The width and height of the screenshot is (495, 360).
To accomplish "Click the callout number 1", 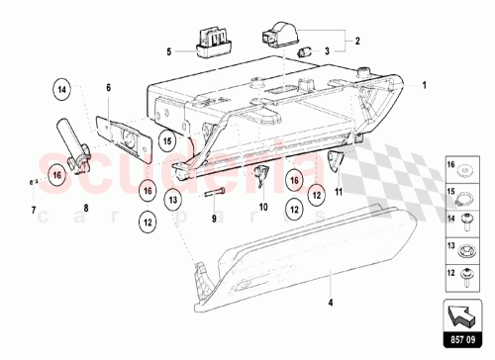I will pos(427,87).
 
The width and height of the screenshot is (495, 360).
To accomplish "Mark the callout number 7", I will pos(33,211).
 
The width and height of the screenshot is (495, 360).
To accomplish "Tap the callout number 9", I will pos(213,219).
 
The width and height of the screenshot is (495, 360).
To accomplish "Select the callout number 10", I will pos(263,208).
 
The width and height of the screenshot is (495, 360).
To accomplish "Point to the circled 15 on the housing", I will pos(168,141).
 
